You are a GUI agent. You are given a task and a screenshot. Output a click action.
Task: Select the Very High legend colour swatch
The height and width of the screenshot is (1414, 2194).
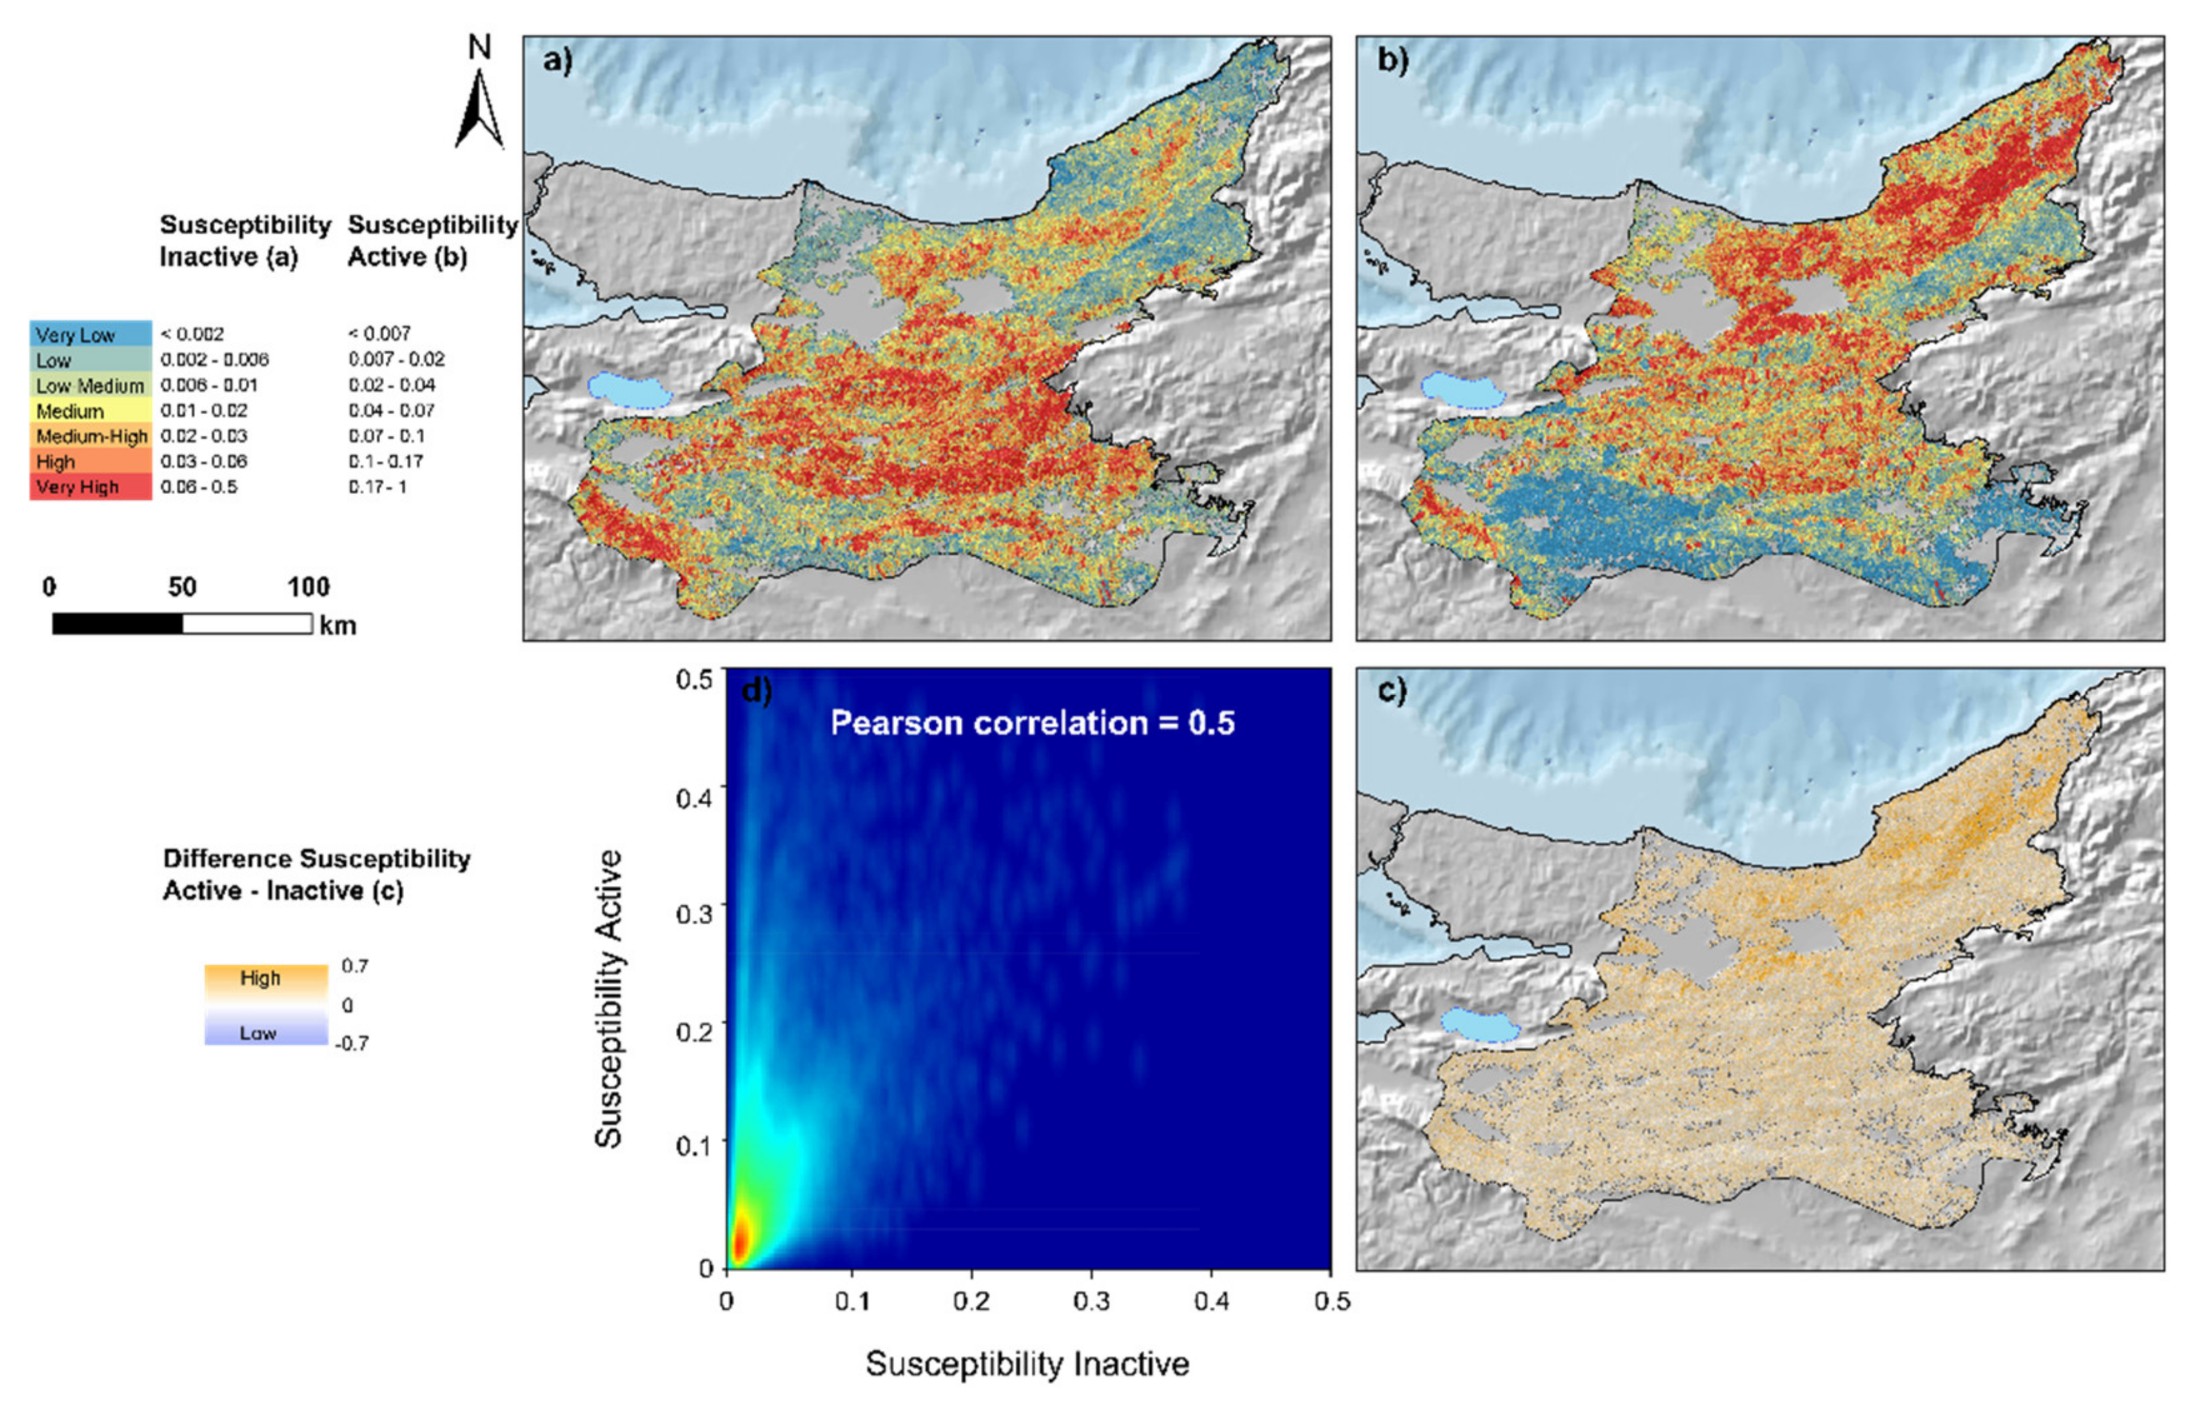(x=90, y=488)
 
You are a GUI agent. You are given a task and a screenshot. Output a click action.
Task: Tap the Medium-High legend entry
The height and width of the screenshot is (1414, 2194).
(x=90, y=436)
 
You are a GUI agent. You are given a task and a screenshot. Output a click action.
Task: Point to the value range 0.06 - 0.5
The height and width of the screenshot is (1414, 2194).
(x=198, y=487)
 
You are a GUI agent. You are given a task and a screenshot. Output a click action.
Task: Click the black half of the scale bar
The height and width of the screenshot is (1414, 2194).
(x=117, y=624)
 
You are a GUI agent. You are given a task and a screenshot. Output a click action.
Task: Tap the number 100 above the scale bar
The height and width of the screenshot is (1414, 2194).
(x=308, y=587)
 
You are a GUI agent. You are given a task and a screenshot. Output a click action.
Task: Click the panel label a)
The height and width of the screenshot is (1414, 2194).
(x=557, y=61)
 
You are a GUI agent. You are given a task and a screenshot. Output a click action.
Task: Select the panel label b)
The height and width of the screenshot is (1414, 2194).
(x=1392, y=61)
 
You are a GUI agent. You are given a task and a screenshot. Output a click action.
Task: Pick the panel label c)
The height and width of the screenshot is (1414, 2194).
(x=1392, y=691)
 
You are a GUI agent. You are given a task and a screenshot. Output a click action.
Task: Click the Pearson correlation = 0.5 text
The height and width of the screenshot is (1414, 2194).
(x=1032, y=723)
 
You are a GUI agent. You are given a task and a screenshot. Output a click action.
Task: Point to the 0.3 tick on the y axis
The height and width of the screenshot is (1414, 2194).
(x=694, y=914)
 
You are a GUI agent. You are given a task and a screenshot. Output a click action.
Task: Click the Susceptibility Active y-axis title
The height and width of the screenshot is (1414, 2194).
(x=609, y=998)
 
